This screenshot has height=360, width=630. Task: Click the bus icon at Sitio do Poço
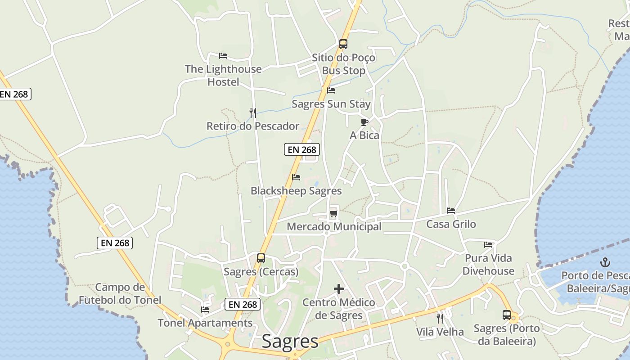pyautogui.click(x=343, y=44)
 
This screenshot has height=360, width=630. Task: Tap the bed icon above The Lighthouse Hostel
pyautogui.click(x=223, y=56)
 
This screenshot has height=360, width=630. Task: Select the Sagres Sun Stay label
pyautogui.click(x=331, y=104)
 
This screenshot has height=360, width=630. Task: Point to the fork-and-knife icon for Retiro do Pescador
pyautogui.click(x=253, y=112)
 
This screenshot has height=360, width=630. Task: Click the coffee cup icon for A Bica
pyautogui.click(x=364, y=122)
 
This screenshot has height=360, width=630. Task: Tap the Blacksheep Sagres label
pyautogui.click(x=296, y=191)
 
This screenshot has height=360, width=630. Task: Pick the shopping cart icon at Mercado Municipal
pyautogui.click(x=333, y=213)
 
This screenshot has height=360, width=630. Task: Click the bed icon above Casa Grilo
pyautogui.click(x=451, y=211)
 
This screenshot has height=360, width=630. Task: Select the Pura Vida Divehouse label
pyautogui.click(x=488, y=265)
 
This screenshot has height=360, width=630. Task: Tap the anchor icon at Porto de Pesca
pyautogui.click(x=605, y=262)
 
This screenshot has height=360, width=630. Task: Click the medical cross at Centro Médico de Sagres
pyautogui.click(x=339, y=289)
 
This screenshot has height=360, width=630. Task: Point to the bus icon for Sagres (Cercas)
pyautogui.click(x=261, y=258)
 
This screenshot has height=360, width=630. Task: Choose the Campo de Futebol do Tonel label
pyautogui.click(x=120, y=293)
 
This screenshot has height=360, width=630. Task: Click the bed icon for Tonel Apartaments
pyautogui.click(x=205, y=310)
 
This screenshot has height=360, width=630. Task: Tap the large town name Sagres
pyautogui.click(x=290, y=341)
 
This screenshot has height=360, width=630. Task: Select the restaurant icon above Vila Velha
pyautogui.click(x=440, y=319)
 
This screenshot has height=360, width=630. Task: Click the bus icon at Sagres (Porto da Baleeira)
pyautogui.click(x=507, y=315)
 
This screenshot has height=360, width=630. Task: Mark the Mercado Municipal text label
pyautogui.click(x=334, y=227)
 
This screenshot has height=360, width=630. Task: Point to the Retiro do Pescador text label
pyautogui.click(x=253, y=126)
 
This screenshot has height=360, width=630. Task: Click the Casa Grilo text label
pyautogui.click(x=451, y=224)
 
